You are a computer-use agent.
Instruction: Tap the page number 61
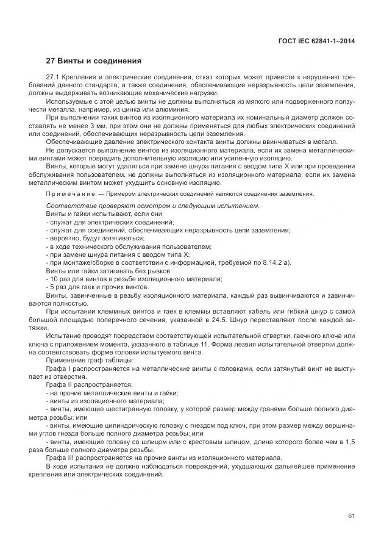[x=351, y=516]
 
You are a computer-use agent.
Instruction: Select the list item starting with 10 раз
[x=133, y=279]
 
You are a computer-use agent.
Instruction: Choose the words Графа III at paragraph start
[x=62, y=458]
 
